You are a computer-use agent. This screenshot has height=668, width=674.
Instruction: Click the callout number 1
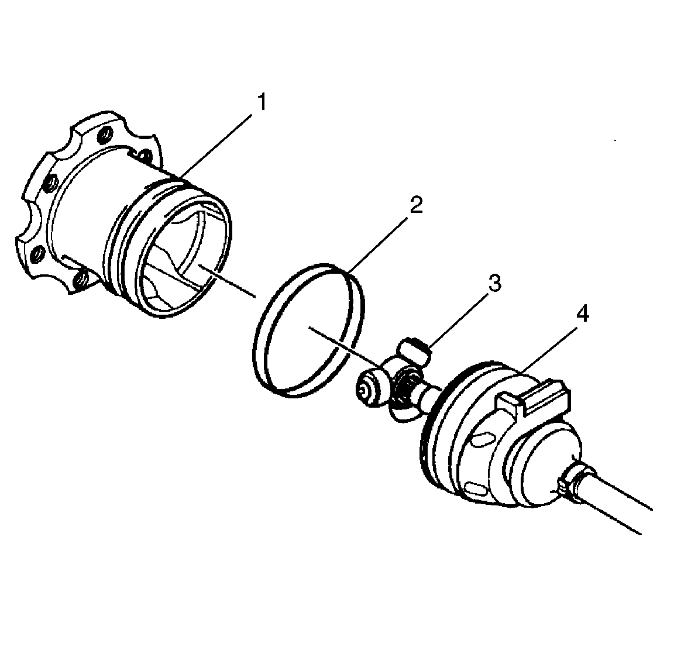click(x=262, y=104)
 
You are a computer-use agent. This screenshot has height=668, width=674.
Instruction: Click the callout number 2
click(x=415, y=206)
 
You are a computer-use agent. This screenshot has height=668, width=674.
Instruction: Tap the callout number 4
click(x=583, y=315)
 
